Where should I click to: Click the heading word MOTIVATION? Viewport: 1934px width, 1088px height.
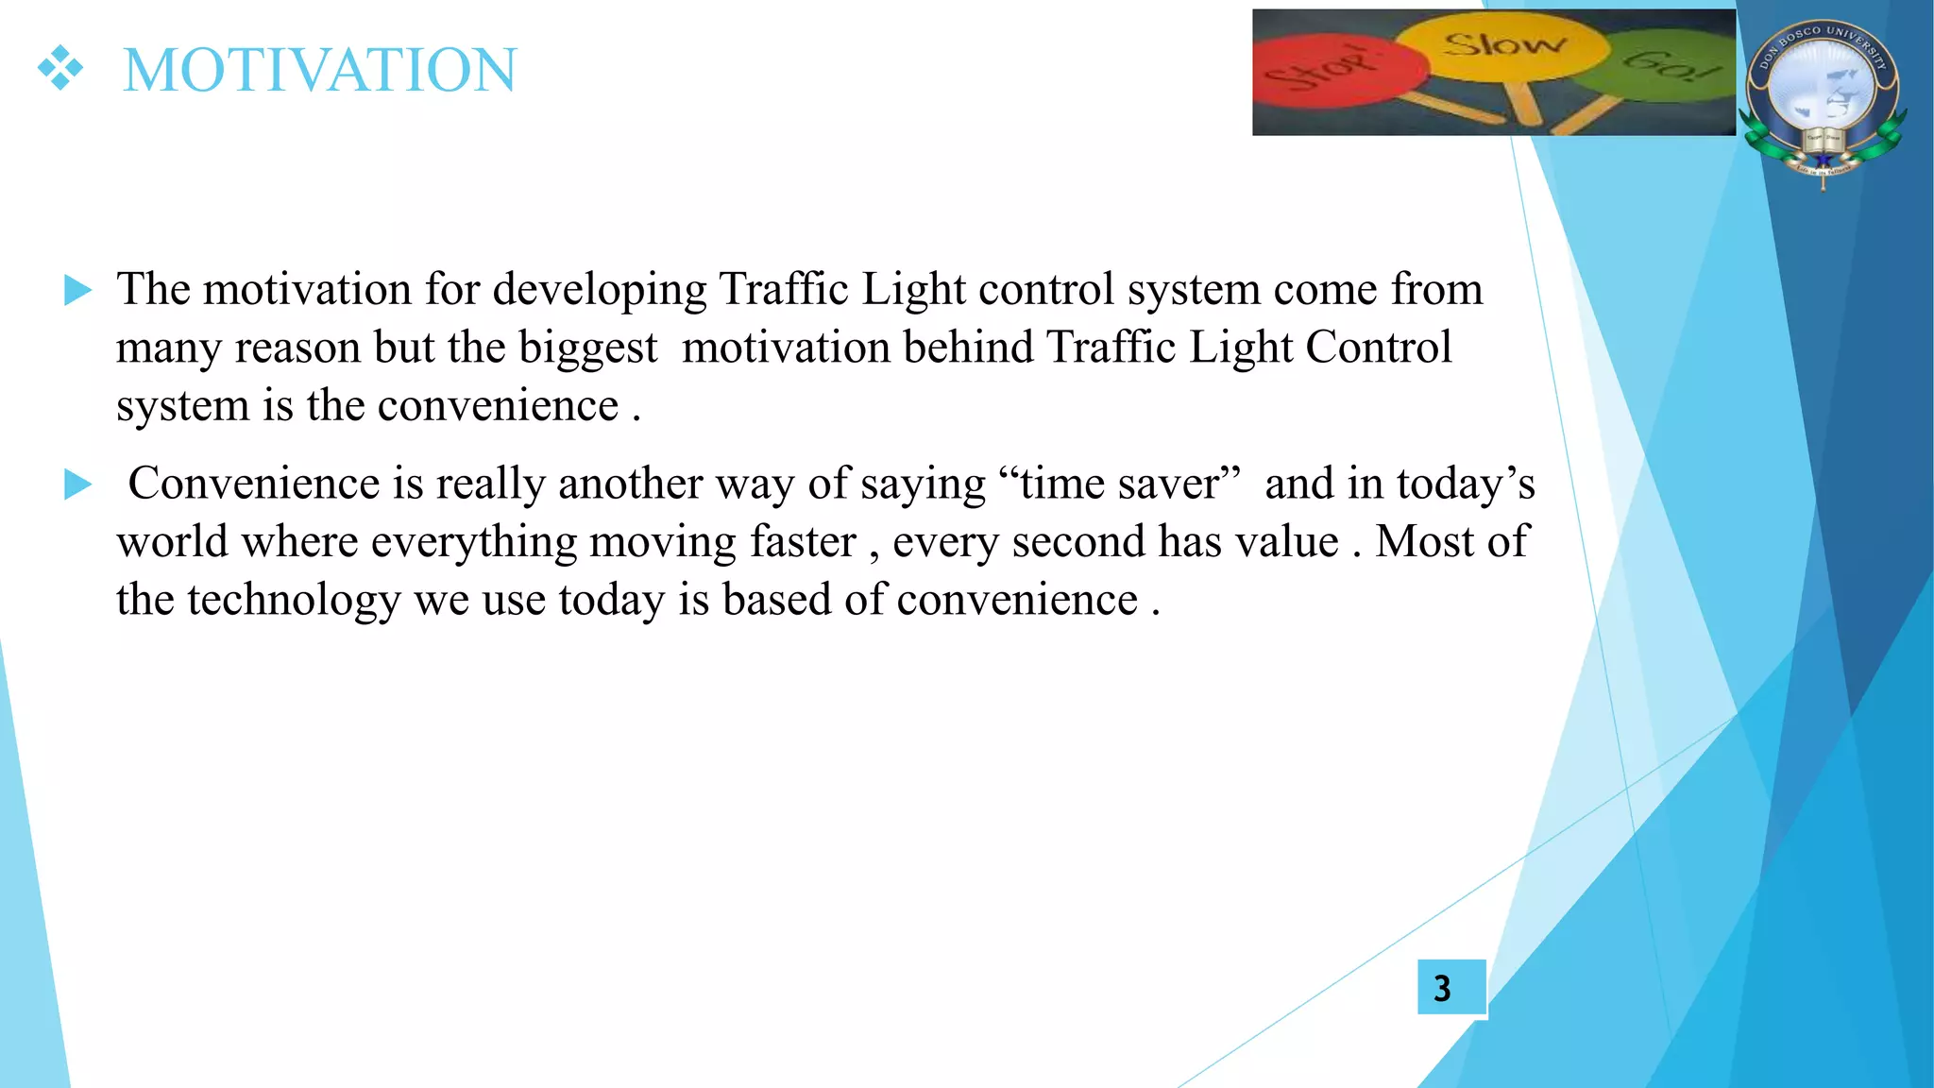tap(320, 70)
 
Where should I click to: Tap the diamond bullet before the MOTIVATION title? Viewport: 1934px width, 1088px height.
tap(60, 69)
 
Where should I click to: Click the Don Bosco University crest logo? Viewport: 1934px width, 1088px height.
tap(1823, 99)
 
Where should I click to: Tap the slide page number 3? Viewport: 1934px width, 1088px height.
tap(1442, 988)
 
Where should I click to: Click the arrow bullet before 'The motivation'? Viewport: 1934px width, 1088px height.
tap(77, 290)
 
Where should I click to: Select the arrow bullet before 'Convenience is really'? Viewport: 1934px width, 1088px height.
tap(77, 484)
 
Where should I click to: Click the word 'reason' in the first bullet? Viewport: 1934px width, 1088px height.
tap(297, 348)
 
